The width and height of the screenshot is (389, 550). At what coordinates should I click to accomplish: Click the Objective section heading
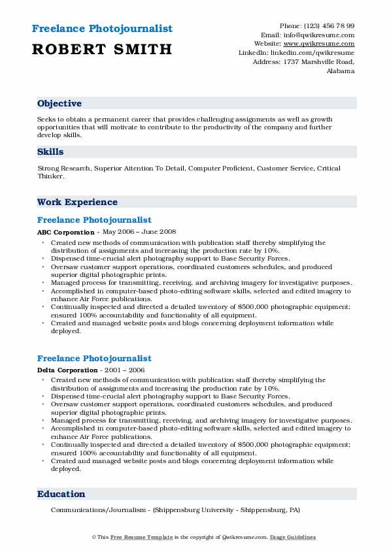tap(59, 103)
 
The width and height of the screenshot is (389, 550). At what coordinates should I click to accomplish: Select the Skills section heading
tap(50, 152)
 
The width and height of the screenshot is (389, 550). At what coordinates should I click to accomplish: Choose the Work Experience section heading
tap(77, 202)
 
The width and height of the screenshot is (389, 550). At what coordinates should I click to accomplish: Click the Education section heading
tap(61, 494)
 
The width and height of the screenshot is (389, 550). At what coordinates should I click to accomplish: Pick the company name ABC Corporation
tap(65, 231)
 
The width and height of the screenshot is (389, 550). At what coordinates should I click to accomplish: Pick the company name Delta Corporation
tap(67, 369)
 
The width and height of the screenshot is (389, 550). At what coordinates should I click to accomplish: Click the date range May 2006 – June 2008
tap(139, 231)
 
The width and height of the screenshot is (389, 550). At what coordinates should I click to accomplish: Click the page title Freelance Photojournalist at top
tap(102, 29)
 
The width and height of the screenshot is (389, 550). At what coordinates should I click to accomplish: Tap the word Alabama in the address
tap(340, 71)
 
